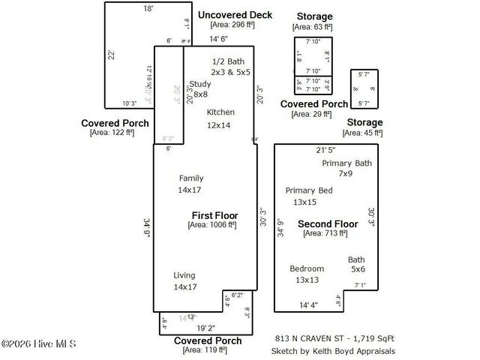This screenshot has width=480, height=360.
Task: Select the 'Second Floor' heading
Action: click(328, 224)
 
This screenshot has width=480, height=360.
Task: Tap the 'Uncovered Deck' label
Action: click(235, 15)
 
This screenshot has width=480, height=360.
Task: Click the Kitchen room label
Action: click(220, 112)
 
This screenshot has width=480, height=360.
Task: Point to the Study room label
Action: click(200, 84)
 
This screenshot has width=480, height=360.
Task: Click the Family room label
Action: click(191, 178)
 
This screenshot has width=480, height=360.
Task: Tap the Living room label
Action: click(184, 275)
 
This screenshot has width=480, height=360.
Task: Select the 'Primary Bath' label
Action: click(346, 163)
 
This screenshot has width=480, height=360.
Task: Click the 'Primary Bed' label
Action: click(308, 190)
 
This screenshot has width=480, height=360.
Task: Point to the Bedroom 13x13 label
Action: click(307, 268)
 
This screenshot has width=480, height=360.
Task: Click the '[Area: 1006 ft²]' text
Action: click(212, 224)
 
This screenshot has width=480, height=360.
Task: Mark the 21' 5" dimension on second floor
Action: click(326, 150)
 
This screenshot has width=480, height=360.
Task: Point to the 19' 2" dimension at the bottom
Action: click(205, 328)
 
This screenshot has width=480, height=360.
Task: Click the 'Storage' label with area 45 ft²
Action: click(364, 122)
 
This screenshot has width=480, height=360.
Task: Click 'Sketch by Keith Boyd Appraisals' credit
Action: click(334, 350)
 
